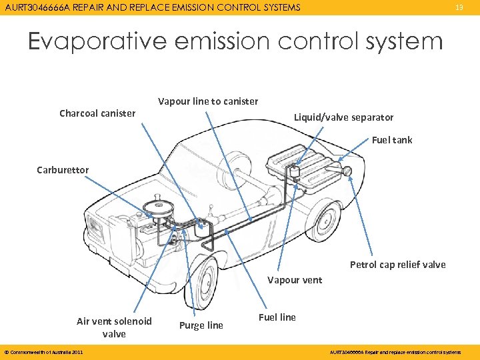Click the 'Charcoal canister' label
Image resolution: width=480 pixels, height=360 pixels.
pos(97,113)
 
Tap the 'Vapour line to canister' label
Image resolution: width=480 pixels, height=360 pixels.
pos(207,101)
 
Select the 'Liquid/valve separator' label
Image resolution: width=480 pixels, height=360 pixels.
pos(343,117)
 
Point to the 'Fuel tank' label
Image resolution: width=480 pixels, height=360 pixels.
pos(392,140)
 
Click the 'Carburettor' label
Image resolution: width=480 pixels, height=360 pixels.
pos(63,170)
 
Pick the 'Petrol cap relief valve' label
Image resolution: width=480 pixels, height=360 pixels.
pos(397,265)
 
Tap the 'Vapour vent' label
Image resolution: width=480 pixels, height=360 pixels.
pos(294,280)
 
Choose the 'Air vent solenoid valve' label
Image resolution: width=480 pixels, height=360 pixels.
pos(114,327)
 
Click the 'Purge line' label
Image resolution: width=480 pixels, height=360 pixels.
pos(201,325)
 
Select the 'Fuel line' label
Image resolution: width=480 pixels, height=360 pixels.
pos(277,317)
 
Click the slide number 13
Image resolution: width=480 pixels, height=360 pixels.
pos(459,7)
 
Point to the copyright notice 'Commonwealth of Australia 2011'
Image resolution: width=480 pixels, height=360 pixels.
pos(43,352)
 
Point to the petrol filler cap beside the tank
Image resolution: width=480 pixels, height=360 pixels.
pos(348,171)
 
